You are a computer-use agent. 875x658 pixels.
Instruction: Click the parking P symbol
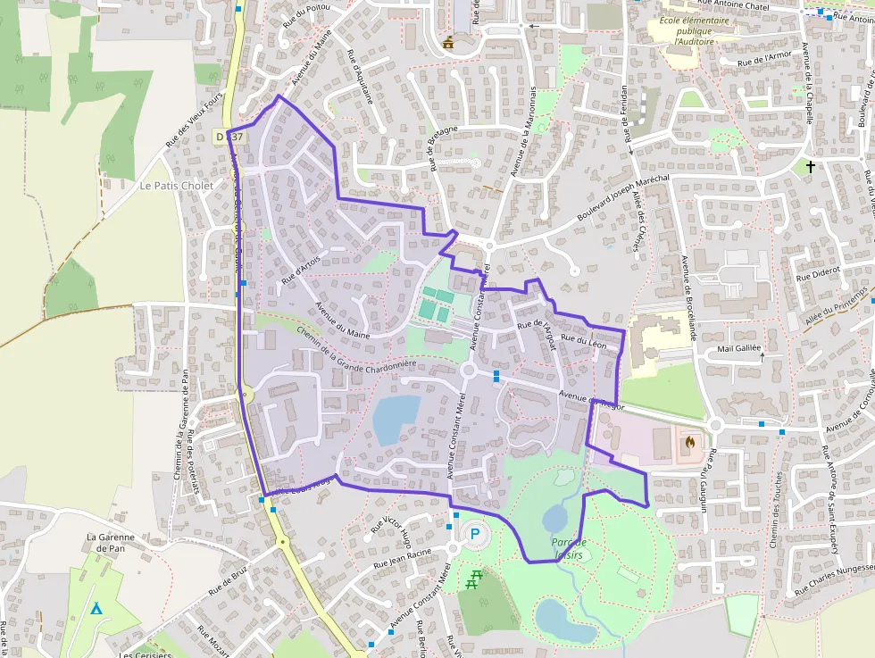475,534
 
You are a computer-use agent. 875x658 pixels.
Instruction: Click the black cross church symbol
811,166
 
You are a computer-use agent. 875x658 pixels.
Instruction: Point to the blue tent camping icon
96,608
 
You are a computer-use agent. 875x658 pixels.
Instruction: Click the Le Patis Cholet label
177,185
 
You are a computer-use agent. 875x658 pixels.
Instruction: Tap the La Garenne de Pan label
111,543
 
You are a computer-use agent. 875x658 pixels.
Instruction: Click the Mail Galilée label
739,348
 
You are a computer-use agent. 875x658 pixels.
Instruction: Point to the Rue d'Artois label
301,270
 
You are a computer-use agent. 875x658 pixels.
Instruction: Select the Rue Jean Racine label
403,558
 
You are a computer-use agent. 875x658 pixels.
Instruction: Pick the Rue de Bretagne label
443,147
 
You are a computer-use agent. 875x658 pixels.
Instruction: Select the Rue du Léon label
586,340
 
